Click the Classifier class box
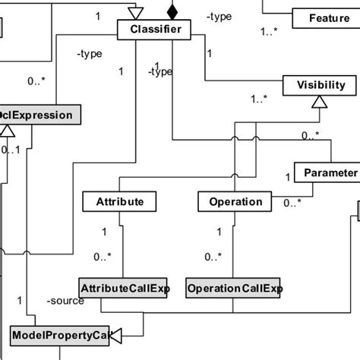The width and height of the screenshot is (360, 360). pos(154,30)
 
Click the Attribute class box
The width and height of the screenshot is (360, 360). pos(119,202)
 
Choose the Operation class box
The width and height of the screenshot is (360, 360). pos(235,202)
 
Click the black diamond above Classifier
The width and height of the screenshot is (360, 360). pos(172,11)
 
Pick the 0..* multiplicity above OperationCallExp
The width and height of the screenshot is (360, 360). pos(214,256)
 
